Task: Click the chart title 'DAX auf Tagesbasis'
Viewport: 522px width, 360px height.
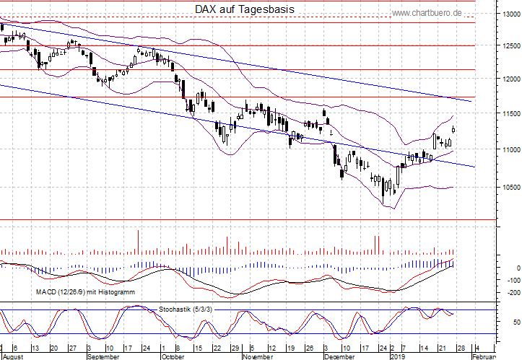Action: point(245,9)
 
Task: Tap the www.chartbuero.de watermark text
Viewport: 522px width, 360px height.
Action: point(426,13)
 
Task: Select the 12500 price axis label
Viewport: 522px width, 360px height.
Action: point(509,46)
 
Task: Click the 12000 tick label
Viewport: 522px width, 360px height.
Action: point(509,79)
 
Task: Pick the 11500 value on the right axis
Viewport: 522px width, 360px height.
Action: point(509,114)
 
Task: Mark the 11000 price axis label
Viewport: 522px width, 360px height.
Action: point(509,150)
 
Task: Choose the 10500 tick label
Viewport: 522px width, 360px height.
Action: point(509,186)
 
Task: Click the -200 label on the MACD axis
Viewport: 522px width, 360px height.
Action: point(513,292)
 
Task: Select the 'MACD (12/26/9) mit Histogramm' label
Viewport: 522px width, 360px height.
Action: point(85,291)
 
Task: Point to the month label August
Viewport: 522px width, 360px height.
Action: point(14,356)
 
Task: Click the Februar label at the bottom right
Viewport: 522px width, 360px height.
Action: point(484,356)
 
